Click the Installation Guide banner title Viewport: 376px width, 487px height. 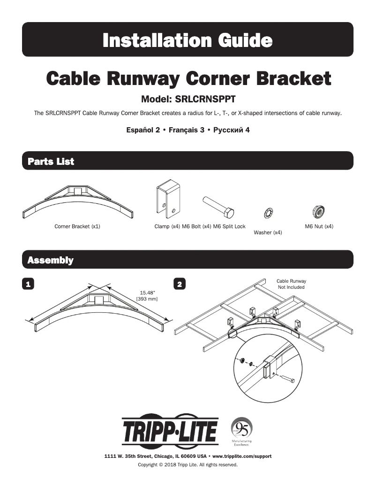click(188, 40)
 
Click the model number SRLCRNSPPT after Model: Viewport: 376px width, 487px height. click(205, 100)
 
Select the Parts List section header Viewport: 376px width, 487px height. click(51, 162)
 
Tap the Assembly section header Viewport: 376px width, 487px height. click(50, 260)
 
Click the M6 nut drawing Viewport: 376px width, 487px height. click(319, 212)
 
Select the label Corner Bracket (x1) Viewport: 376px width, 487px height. click(77, 226)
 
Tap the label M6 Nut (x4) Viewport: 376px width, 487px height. click(319, 226)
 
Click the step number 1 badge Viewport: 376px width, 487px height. click(29, 284)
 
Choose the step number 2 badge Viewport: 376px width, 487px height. click(180, 284)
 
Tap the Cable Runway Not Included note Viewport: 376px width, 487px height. click(291, 284)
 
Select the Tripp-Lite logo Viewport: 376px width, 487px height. click(170, 431)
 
